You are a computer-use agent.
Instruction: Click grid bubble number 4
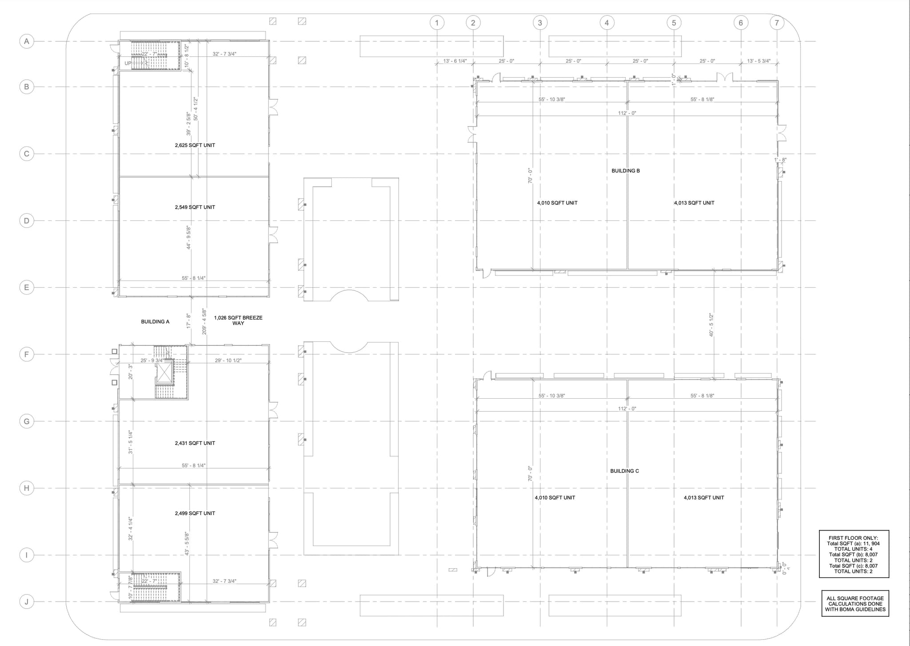[x=607, y=23]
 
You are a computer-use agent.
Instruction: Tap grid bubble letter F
[x=27, y=354]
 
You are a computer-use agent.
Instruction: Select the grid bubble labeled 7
[x=776, y=23]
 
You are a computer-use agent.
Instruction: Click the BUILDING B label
[x=626, y=171]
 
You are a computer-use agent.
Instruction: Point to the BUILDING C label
[x=624, y=471]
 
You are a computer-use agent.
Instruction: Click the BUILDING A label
[x=155, y=322]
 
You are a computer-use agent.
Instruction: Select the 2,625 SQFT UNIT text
[x=195, y=146]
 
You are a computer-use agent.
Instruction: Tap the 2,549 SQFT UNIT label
[x=195, y=207]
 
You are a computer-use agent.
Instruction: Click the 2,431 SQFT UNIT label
[x=195, y=443]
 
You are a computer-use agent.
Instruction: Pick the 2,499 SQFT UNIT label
[x=195, y=513]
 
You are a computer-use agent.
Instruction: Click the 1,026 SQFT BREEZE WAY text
[x=238, y=321]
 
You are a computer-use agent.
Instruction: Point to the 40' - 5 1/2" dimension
[x=711, y=325]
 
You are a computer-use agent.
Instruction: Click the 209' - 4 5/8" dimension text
[x=204, y=321]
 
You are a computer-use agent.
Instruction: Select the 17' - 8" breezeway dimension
[x=188, y=321]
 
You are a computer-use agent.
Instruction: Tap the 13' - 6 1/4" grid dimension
[x=455, y=61]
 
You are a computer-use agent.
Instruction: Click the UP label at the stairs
[x=128, y=63]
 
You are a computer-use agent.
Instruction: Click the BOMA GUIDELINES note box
[x=855, y=604]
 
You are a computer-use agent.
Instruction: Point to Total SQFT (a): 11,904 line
[x=853, y=543]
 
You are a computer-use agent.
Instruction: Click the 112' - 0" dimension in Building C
[x=627, y=408]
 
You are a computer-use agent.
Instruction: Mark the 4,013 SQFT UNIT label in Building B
[x=694, y=203]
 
